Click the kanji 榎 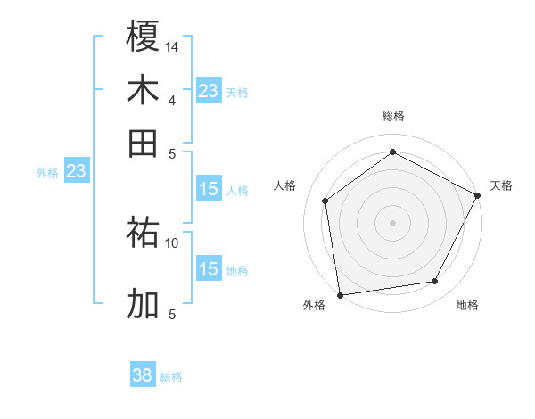143,37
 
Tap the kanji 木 143,90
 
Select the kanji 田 143,143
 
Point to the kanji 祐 143,234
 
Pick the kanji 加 143,304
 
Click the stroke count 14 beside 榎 172,46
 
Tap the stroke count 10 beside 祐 172,242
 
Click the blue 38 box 143,376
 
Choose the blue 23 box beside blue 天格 209,91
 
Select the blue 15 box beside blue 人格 209,189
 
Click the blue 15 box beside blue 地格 209,269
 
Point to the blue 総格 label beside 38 171,377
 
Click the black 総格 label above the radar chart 392,116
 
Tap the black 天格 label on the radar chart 501,185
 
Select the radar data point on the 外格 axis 340,294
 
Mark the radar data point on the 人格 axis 325,201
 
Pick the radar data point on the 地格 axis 435,282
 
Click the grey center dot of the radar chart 392,222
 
